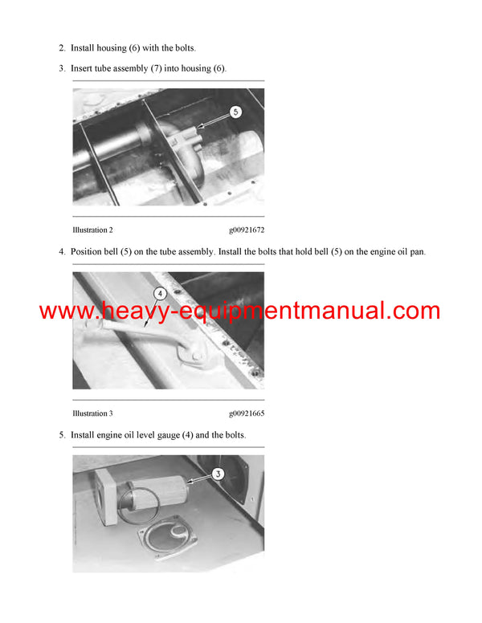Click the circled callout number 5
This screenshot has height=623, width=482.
click(x=235, y=112)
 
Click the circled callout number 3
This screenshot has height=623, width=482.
click(x=218, y=474)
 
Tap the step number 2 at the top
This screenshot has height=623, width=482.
click(x=61, y=48)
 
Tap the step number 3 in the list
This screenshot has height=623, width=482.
click(x=61, y=68)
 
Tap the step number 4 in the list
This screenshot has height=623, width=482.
click(x=61, y=252)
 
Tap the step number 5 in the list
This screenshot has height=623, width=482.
click(x=61, y=435)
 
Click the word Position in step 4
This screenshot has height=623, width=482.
click(x=88, y=252)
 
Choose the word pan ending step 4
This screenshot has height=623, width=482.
click(x=417, y=252)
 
